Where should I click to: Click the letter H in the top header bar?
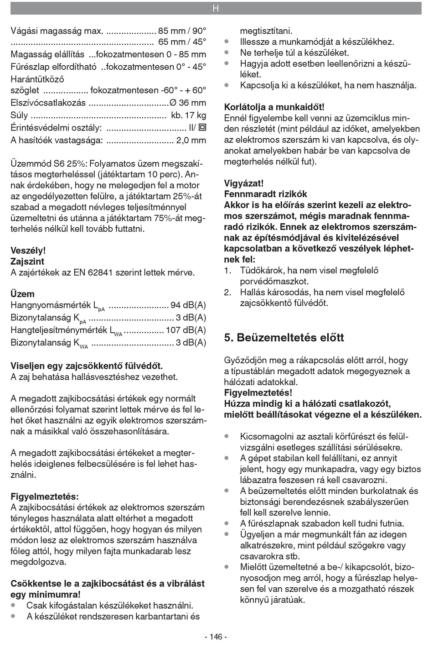point(216,8)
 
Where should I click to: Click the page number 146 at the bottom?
point(216,637)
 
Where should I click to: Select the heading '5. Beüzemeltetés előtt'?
point(284,338)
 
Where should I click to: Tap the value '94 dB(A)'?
point(188,305)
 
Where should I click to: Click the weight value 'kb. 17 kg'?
point(189,115)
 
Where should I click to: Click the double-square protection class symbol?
point(202,128)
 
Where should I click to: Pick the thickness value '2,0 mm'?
point(191,140)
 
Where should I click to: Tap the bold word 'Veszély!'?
point(28,251)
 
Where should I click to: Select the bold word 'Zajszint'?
point(27,261)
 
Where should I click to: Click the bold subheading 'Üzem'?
point(22,294)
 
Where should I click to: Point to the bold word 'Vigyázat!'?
point(244,183)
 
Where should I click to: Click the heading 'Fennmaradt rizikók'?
point(266,194)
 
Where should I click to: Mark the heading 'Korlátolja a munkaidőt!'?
point(274,107)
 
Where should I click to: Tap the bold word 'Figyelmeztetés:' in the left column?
point(44,496)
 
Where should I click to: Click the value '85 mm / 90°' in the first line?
point(182,31)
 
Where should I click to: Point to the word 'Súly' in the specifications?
point(19,115)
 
